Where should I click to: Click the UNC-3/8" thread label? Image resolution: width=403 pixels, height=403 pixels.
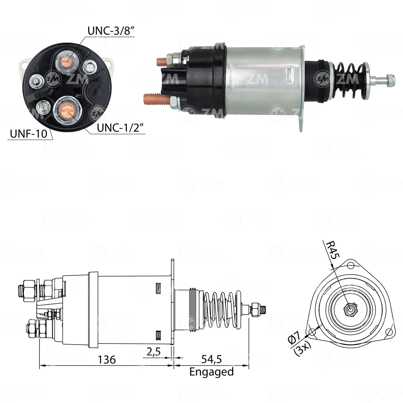tap(111, 31)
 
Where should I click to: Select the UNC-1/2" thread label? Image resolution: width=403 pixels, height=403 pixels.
tap(121, 128)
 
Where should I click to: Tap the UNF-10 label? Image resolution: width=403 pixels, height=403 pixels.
tap(28, 134)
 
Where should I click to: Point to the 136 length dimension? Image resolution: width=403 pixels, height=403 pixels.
tap(107, 359)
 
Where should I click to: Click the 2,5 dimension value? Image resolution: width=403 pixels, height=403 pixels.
tap(153, 351)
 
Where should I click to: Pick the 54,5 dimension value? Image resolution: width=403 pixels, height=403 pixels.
tap(211, 359)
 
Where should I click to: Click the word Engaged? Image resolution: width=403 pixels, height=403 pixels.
tap(211, 372)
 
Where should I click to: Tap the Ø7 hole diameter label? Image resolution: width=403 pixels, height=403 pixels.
tap(295, 339)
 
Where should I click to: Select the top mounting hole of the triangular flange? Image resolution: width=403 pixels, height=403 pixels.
tap(350, 266)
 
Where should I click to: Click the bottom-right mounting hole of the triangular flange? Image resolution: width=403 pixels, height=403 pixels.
tap(389, 333)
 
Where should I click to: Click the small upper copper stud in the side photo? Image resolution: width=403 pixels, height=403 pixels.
tap(162, 62)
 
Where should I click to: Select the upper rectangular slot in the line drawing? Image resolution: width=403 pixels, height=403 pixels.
tap(158, 288)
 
